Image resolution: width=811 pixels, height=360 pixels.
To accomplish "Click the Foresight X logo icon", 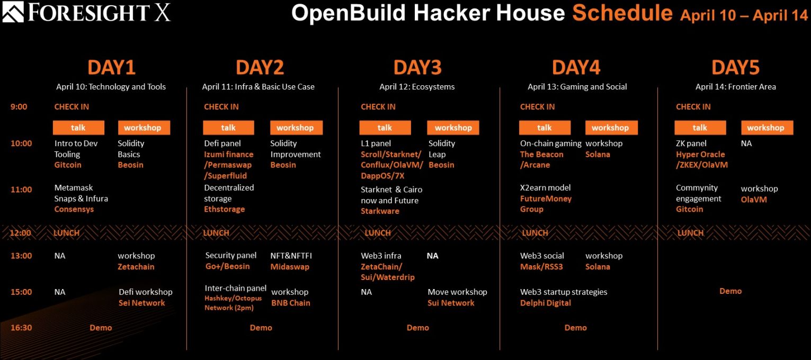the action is click(13, 12).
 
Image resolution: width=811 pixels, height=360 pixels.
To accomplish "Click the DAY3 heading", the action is click(417, 67).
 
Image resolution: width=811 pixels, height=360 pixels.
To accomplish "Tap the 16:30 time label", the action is click(21, 327).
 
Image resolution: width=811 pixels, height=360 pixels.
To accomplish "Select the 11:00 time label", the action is click(21, 189).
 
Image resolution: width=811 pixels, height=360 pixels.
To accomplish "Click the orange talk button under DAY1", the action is click(78, 128).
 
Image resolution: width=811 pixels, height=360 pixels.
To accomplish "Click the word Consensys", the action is click(74, 209).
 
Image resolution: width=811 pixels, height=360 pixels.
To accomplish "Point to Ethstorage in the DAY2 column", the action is click(225, 209).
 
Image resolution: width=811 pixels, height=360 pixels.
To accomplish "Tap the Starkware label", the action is click(380, 211).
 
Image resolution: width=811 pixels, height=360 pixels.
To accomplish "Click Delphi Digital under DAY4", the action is click(546, 303).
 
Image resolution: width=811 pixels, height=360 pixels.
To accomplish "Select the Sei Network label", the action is click(142, 303).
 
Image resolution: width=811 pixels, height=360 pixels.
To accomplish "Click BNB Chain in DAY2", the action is click(291, 303).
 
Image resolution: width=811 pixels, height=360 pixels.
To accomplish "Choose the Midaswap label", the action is click(290, 267).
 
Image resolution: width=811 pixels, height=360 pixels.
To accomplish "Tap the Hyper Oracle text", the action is click(701, 154).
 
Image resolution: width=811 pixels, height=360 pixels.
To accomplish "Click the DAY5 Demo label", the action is click(730, 291).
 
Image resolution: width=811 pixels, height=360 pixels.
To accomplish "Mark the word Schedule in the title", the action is click(622, 13).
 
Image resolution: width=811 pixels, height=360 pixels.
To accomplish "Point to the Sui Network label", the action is click(451, 303).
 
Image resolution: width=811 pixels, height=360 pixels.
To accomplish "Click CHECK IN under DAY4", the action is click(537, 107).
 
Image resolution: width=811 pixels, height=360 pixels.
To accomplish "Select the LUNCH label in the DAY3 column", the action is click(378, 232).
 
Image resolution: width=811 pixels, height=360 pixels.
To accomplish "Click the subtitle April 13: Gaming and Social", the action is click(577, 87).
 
